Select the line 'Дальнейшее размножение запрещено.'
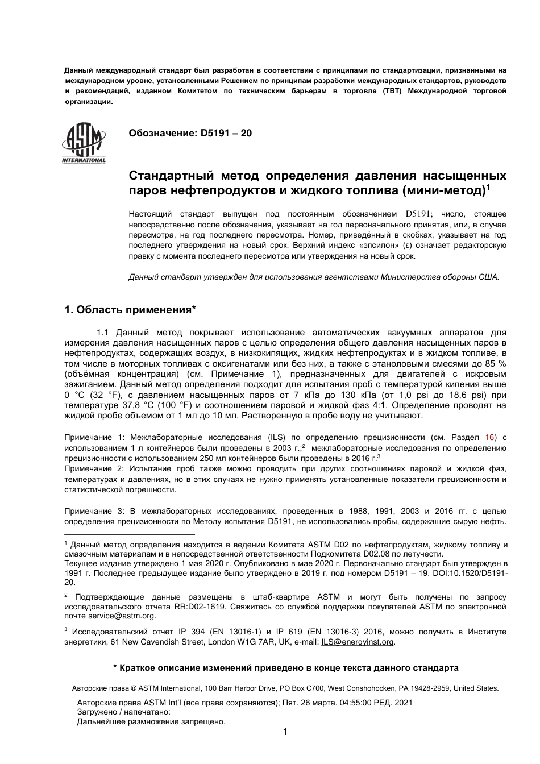coord(151,722)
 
